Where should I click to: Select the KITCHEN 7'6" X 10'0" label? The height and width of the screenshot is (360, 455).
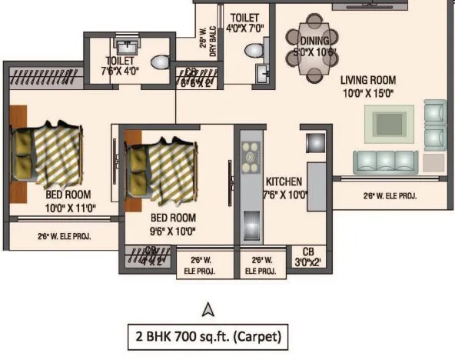click(x=286, y=188)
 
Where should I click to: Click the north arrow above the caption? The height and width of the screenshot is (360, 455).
click(x=206, y=310)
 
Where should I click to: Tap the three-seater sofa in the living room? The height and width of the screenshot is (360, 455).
click(x=387, y=162)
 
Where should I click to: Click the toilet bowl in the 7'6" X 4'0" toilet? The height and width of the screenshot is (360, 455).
click(x=160, y=62)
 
